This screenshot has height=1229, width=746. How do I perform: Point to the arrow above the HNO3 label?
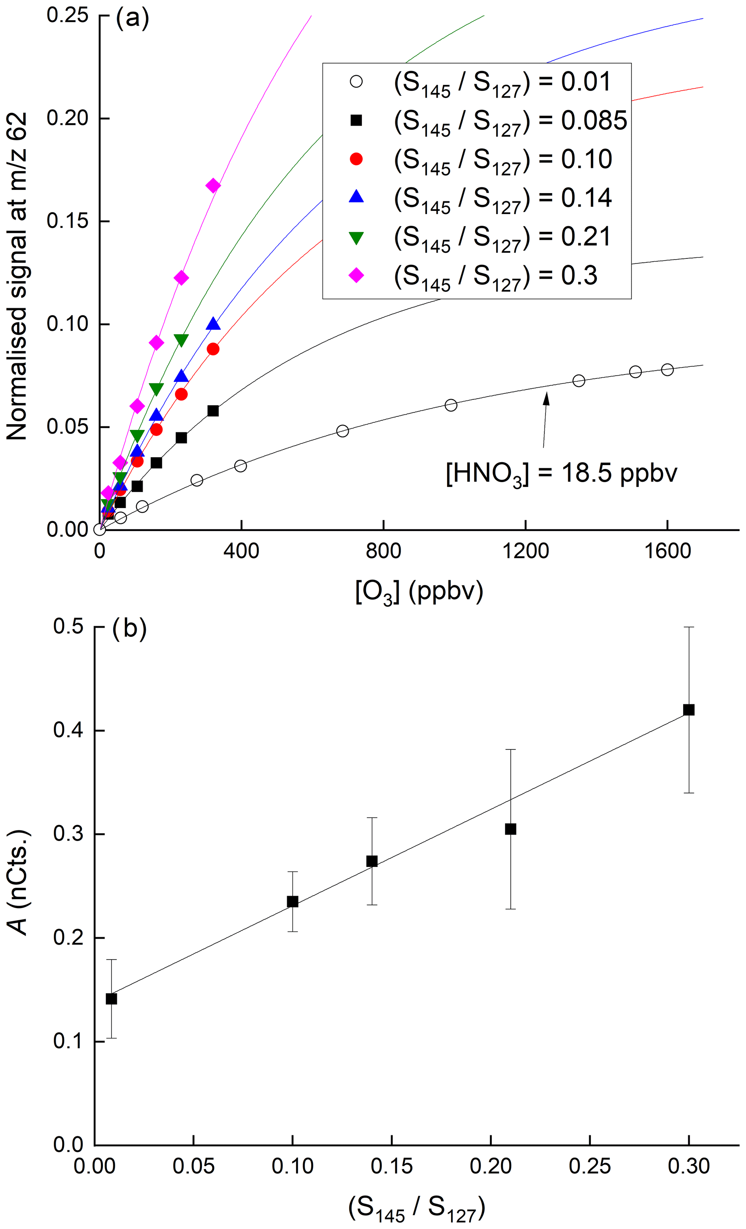(545, 419)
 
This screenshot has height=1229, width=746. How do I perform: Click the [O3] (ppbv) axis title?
(419, 592)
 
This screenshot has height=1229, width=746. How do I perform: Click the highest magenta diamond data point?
(213, 186)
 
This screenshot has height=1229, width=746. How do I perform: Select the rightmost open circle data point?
(667, 370)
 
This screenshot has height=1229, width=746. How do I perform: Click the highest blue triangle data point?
(213, 324)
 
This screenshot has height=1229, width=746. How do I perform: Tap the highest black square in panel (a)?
(213, 411)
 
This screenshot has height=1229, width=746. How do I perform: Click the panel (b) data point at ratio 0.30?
(689, 710)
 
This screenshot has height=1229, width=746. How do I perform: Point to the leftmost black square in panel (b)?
(111, 999)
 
